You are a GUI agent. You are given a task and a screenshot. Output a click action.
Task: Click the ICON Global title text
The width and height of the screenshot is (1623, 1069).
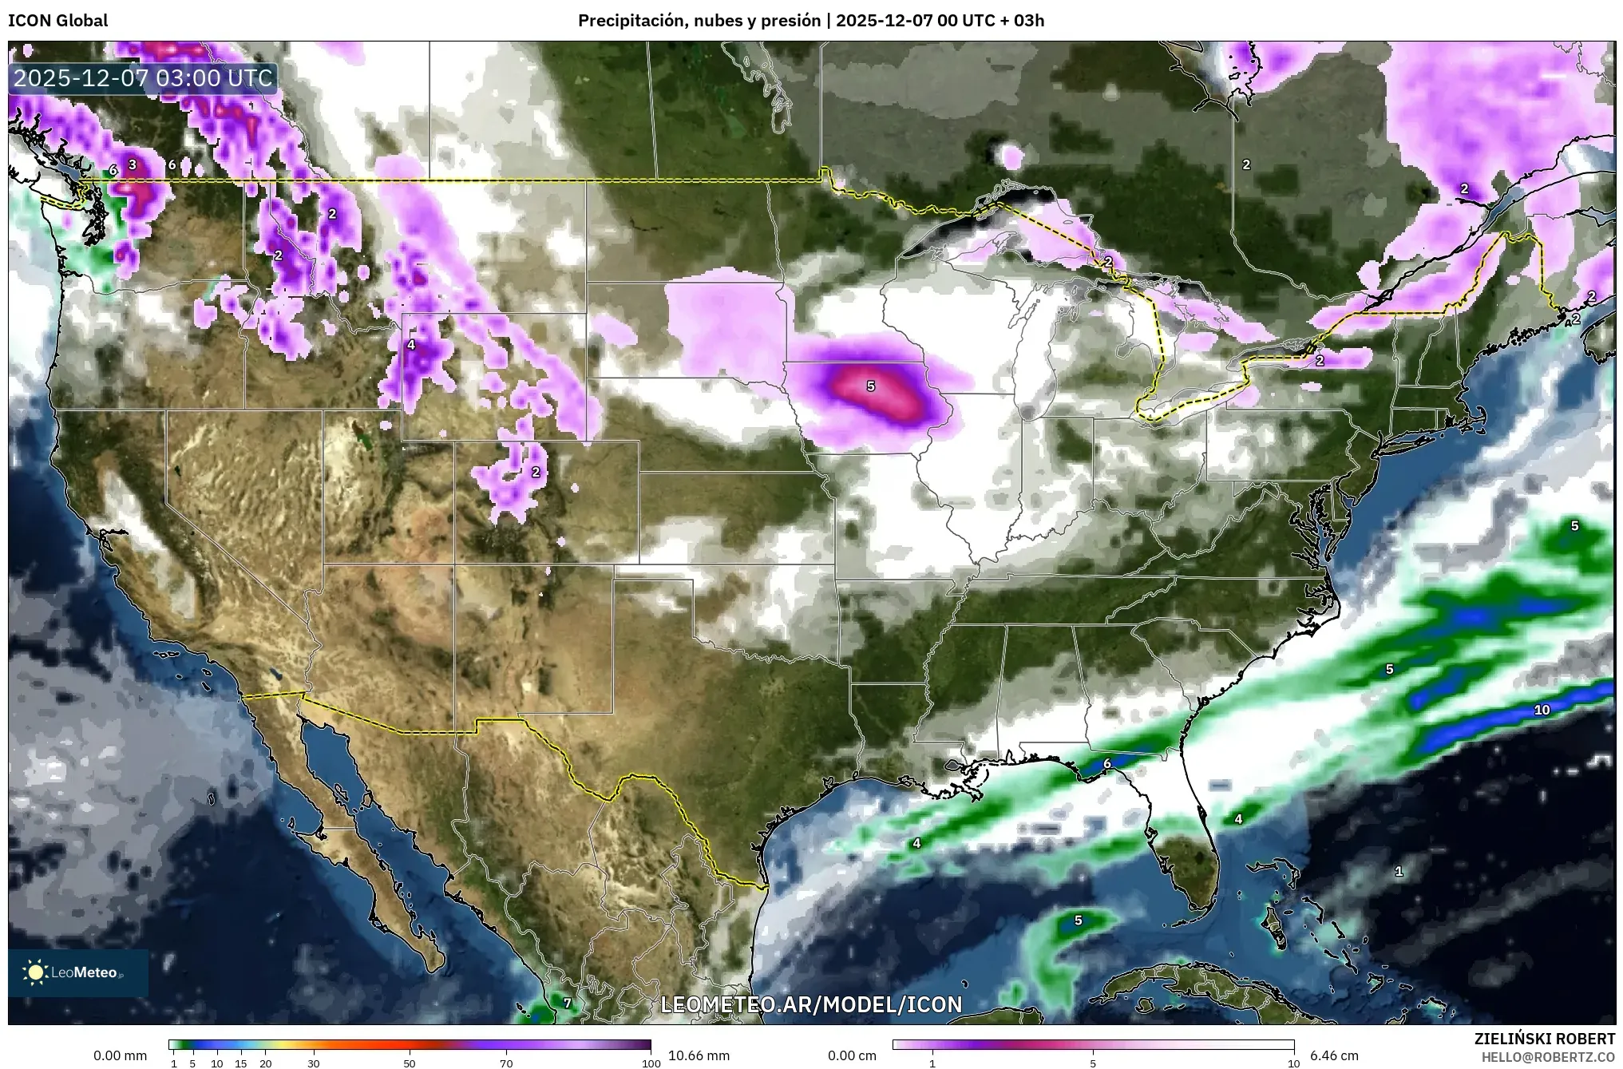tap(57, 21)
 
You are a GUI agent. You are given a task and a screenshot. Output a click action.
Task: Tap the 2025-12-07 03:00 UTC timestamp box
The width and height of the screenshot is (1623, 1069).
tap(144, 78)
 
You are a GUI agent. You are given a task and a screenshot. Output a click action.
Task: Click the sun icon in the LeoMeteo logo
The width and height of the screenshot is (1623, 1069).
tap(35, 972)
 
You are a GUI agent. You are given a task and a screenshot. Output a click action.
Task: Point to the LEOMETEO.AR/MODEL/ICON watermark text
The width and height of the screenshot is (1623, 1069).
tap(811, 1004)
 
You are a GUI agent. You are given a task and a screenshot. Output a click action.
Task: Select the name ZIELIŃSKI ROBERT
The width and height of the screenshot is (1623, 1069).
tap(1544, 1039)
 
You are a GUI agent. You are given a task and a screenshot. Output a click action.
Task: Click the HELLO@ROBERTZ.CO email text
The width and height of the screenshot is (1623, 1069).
tap(1548, 1056)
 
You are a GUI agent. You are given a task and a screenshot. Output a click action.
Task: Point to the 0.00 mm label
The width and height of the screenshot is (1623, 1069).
tap(120, 1055)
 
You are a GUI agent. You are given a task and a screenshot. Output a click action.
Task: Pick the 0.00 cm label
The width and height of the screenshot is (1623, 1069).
tap(852, 1055)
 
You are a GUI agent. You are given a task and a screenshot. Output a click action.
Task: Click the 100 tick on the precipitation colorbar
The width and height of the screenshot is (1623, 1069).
tap(651, 1063)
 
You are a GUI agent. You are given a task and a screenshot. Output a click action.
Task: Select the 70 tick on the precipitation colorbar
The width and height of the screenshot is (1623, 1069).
tap(506, 1063)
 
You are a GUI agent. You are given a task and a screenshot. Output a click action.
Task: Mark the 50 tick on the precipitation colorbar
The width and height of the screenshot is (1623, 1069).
tap(410, 1063)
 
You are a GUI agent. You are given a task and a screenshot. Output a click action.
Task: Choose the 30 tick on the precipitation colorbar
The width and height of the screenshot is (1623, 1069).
tap(314, 1063)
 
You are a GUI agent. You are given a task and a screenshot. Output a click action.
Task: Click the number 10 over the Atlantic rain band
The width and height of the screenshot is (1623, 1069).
tap(1542, 710)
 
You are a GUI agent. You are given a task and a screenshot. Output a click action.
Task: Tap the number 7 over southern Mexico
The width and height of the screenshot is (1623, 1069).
tap(567, 1003)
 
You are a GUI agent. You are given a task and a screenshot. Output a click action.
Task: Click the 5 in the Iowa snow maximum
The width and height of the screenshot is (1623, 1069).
tap(870, 386)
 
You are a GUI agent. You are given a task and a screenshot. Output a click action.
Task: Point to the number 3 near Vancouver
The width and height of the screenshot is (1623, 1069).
tap(133, 165)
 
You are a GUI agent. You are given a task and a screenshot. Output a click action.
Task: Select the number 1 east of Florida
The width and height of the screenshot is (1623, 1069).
tap(1398, 871)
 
